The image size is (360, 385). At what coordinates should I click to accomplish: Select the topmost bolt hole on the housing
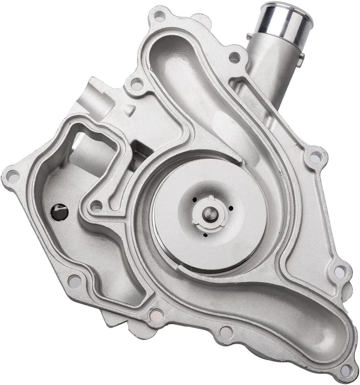158,18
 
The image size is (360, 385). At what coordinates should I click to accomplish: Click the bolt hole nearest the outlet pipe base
234,58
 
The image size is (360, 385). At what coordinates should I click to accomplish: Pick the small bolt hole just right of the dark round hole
96,208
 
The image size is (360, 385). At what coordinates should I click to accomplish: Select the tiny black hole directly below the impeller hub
205,235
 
